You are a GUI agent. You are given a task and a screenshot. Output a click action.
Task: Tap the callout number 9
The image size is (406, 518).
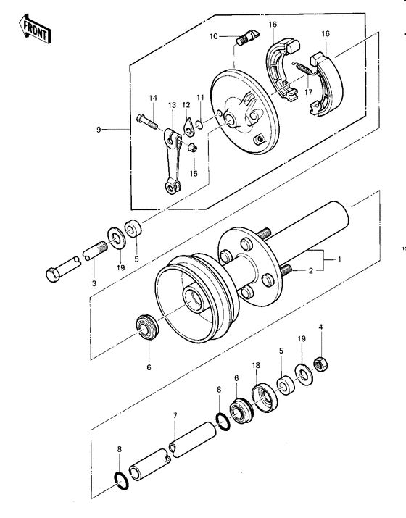point(98,130)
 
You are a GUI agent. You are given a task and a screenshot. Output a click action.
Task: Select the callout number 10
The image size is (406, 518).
point(213,36)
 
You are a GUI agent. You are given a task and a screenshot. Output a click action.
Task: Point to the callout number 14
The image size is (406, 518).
point(153,98)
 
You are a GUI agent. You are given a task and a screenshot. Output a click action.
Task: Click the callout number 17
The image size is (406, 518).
point(308,92)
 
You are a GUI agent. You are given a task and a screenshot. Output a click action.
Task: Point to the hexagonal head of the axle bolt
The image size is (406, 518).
point(54,275)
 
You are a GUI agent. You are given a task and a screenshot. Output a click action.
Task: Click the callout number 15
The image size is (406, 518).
point(194,173)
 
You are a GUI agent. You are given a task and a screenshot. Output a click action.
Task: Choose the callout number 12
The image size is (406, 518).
point(186,105)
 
